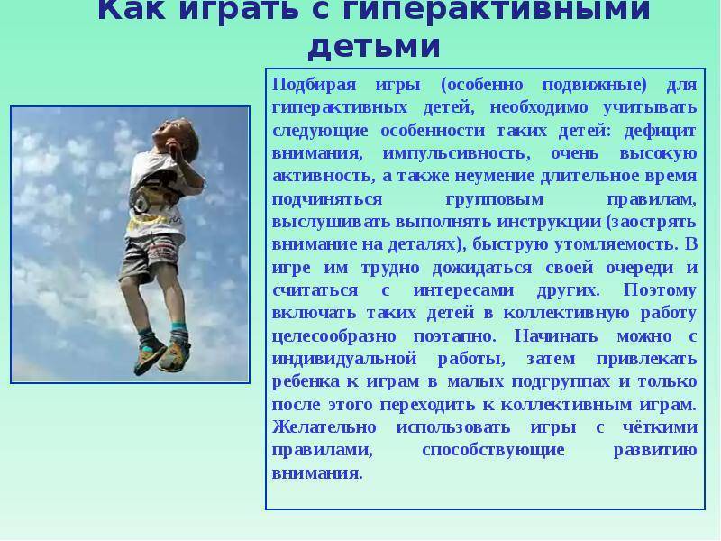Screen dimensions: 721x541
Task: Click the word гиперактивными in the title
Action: [497, 10]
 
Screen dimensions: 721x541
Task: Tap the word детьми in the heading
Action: [374, 46]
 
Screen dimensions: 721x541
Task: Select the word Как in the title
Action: [132, 9]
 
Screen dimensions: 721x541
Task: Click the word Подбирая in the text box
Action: [314, 85]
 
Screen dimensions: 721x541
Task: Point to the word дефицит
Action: [661, 131]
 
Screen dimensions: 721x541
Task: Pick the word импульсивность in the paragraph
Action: [456, 153]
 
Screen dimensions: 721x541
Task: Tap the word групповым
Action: [494, 199]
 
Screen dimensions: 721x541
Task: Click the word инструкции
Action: [549, 222]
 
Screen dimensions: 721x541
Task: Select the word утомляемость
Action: [616, 244]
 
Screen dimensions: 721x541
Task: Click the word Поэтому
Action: [660, 290]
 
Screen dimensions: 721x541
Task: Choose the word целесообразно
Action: [333, 336]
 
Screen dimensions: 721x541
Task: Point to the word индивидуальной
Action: [344, 359]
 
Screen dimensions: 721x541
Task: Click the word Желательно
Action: [324, 427]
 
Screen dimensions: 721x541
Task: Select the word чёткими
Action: [660, 427]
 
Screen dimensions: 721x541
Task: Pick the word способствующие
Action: [493, 450]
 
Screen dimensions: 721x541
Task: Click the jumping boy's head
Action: [176, 133]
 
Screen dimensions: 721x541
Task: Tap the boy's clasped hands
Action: [175, 150]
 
